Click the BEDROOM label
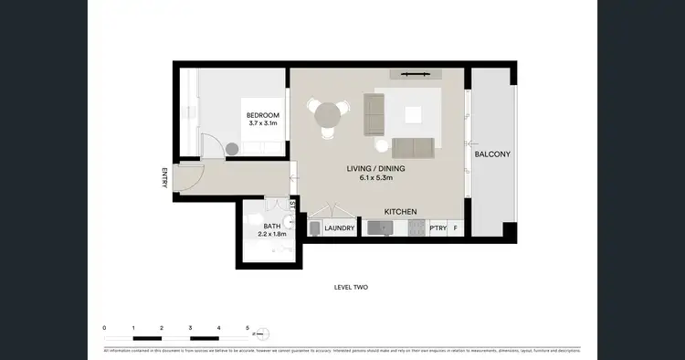pyautogui.click(x=263, y=115)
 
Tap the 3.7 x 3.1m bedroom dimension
pyautogui.click(x=263, y=124)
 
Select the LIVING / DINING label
pyautogui.click(x=375, y=169)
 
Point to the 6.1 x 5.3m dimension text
pyautogui.click(x=375, y=179)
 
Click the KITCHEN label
pyautogui.click(x=400, y=212)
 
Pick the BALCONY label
pyautogui.click(x=492, y=154)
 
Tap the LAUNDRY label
pyautogui.click(x=339, y=228)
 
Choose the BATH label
pyautogui.click(x=272, y=226)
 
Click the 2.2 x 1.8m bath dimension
pyautogui.click(x=272, y=235)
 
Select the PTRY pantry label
pyautogui.click(x=438, y=228)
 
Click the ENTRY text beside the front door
pyautogui.click(x=164, y=178)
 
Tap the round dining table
pyautogui.click(x=328, y=115)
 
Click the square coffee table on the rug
pyautogui.click(x=415, y=114)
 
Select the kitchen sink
pyautogui.click(x=376, y=228)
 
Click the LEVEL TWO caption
pyautogui.click(x=351, y=287)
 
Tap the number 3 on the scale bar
pyautogui.click(x=190, y=327)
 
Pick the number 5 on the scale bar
pyautogui.click(x=247, y=327)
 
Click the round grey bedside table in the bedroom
pyautogui.click(x=232, y=148)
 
